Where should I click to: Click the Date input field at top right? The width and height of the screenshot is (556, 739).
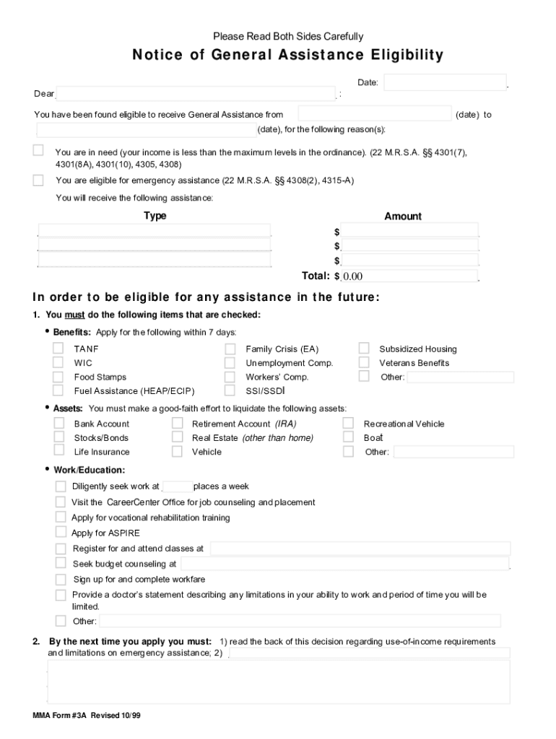click(x=445, y=83)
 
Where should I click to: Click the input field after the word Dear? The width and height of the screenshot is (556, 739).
click(x=196, y=95)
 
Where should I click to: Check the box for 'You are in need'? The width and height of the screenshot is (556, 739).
click(x=38, y=150)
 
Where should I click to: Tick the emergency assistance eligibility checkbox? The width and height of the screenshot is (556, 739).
click(x=38, y=180)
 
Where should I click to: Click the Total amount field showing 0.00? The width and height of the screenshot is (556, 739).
click(x=409, y=276)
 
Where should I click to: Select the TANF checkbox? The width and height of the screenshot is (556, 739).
click(x=58, y=349)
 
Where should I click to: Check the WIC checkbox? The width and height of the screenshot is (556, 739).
click(x=58, y=362)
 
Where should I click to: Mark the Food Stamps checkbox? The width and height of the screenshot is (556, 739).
click(x=58, y=377)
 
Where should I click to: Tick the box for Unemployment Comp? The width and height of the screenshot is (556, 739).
click(x=230, y=362)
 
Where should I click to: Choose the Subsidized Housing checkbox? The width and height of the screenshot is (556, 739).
click(x=364, y=349)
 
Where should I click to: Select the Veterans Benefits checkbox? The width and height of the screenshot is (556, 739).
click(x=364, y=362)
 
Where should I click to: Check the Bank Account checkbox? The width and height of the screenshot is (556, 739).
click(x=59, y=424)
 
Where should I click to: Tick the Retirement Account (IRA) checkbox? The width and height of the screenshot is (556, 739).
click(x=177, y=424)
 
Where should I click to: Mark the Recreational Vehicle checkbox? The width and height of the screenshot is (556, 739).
click(x=348, y=424)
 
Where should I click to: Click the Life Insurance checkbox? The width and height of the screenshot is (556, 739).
click(x=59, y=451)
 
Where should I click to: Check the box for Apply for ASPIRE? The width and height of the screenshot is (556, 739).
click(x=61, y=533)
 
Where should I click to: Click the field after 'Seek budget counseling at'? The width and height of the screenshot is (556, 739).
click(x=344, y=564)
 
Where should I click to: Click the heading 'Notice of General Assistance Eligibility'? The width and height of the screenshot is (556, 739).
click(x=287, y=56)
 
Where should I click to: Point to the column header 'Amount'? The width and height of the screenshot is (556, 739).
click(x=403, y=217)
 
